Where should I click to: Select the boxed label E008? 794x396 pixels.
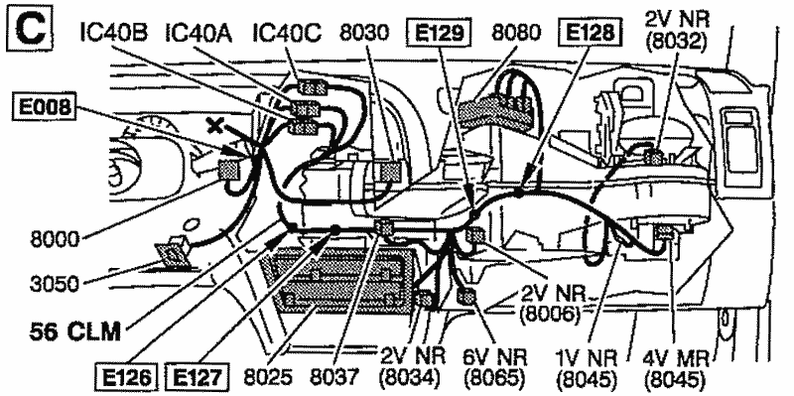(45, 107)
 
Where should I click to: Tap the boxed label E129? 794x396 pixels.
(440, 34)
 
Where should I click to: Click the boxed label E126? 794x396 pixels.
(126, 377)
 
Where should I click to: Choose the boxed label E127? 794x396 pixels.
(198, 377)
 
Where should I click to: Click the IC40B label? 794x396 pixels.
(113, 34)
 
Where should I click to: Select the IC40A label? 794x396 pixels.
(198, 34)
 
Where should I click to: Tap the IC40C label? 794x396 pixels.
(287, 34)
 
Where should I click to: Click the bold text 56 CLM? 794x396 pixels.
(75, 332)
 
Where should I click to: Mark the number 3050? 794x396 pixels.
(55, 284)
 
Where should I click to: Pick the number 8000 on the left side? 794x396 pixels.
(55, 239)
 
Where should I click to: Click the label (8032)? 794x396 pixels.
(677, 42)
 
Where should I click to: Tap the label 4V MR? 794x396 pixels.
(674, 357)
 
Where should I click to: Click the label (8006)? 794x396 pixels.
(550, 315)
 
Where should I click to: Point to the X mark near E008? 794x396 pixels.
(215, 125)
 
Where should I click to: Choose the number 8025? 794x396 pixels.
(268, 377)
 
